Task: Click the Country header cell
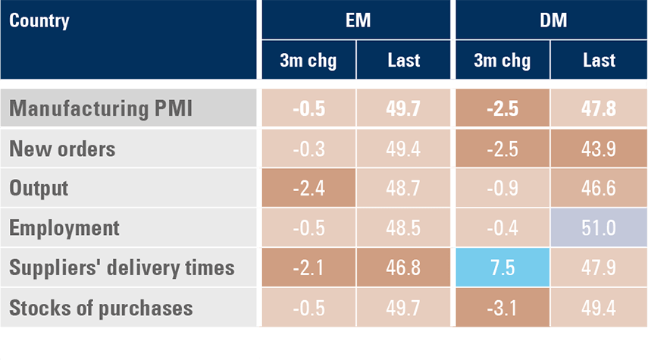pyautogui.click(x=39, y=20)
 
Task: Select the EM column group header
pyautogui.click(x=356, y=20)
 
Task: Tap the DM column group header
pyautogui.click(x=550, y=20)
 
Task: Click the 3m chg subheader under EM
pyautogui.click(x=308, y=61)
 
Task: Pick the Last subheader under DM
pyautogui.click(x=599, y=61)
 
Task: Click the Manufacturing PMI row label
pyautogui.click(x=101, y=109)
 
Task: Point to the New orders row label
pyautogui.click(x=62, y=149)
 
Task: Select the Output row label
pyautogui.click(x=39, y=188)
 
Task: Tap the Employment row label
pyautogui.click(x=64, y=228)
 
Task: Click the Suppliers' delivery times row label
pyautogui.click(x=122, y=268)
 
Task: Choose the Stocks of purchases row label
pyautogui.click(x=101, y=308)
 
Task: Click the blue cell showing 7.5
pyautogui.click(x=502, y=268)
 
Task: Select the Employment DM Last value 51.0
pyautogui.click(x=599, y=228)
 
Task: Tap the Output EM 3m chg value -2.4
pyautogui.click(x=308, y=188)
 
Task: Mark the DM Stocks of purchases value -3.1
pyautogui.click(x=502, y=308)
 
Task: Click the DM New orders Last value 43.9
pyautogui.click(x=599, y=149)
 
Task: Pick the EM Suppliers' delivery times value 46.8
pyautogui.click(x=404, y=268)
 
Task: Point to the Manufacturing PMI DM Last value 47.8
pyautogui.click(x=599, y=109)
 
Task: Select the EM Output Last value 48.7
pyautogui.click(x=404, y=188)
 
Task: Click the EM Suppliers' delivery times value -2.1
pyautogui.click(x=308, y=268)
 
